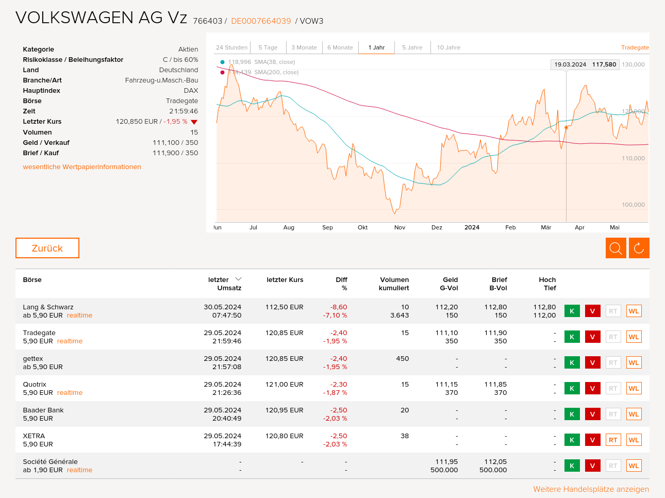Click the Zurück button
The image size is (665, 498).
pyautogui.click(x=47, y=248)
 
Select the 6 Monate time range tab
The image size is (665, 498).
pyautogui.click(x=340, y=47)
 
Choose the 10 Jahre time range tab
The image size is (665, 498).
pyautogui.click(x=448, y=47)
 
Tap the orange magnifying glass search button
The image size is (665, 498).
pyautogui.click(x=616, y=248)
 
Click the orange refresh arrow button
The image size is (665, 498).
pyautogui.click(x=639, y=248)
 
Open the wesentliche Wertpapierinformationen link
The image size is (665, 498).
pyautogui.click(x=82, y=167)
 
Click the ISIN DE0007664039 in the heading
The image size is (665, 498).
pyautogui.click(x=261, y=21)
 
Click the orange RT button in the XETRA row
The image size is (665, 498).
pyautogui.click(x=613, y=440)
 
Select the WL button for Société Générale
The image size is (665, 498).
pyautogui.click(x=634, y=466)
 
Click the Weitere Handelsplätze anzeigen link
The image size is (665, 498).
pyautogui.click(x=591, y=489)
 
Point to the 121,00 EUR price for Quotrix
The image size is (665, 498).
pyautogui.click(x=285, y=385)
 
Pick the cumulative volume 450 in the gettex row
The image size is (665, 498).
pyautogui.click(x=402, y=359)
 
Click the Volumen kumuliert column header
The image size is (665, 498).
pyautogui.click(x=394, y=284)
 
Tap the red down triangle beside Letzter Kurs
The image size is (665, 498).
pyautogui.click(x=194, y=122)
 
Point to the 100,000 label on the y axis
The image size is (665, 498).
pyautogui.click(x=633, y=205)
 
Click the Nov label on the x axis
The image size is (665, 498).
pyautogui.click(x=400, y=227)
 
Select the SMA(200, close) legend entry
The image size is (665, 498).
pyautogui.click(x=276, y=72)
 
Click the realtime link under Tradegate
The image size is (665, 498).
pyautogui.click(x=70, y=341)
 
